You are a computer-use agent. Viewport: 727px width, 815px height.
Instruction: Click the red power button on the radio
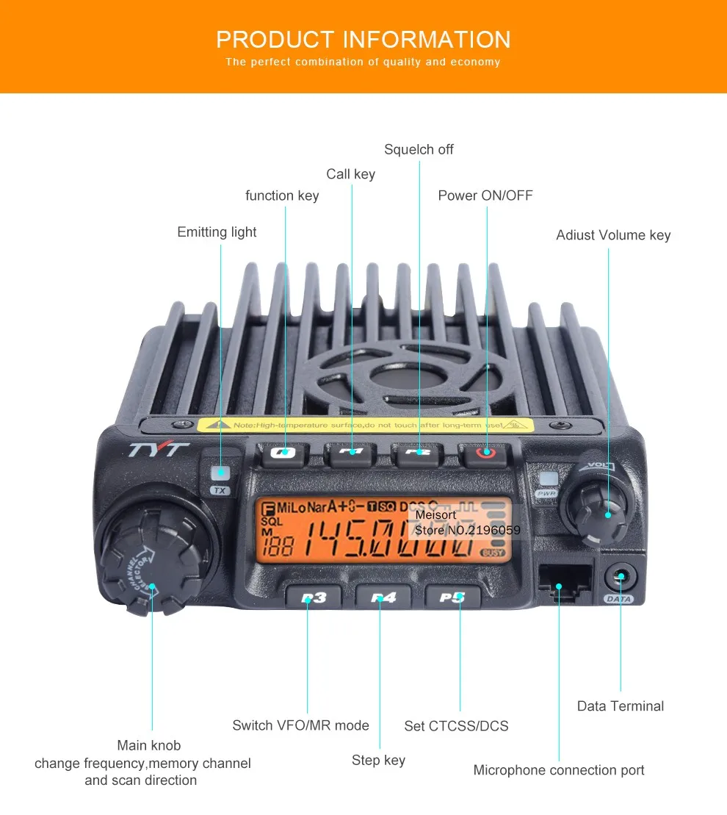pyautogui.click(x=485, y=453)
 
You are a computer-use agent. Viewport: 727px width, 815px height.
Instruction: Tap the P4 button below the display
pyautogui.click(x=383, y=597)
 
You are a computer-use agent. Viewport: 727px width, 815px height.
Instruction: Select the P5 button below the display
pyautogui.click(x=452, y=597)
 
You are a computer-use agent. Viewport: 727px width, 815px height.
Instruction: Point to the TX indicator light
pyautogui.click(x=220, y=473)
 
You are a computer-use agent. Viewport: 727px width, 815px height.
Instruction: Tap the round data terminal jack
pyautogui.click(x=620, y=578)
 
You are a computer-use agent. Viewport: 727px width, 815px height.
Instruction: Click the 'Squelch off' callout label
pyautogui.click(x=419, y=149)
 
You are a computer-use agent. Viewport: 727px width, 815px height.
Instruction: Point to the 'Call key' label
pyautogui.click(x=350, y=174)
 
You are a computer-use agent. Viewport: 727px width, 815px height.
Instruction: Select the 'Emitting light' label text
pyautogui.click(x=217, y=232)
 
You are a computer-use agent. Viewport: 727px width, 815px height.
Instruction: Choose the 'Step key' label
pyautogui.click(x=378, y=760)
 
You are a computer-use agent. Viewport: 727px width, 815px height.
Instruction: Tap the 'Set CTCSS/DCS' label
pyautogui.click(x=456, y=726)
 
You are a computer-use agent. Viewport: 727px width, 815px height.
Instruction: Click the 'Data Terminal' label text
pyautogui.click(x=620, y=706)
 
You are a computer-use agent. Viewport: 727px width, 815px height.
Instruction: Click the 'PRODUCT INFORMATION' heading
pyautogui.click(x=363, y=39)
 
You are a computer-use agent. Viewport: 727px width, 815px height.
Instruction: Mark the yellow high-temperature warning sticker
pyautogui.click(x=365, y=425)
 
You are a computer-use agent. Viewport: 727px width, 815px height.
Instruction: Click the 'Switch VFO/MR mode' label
pyautogui.click(x=300, y=725)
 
